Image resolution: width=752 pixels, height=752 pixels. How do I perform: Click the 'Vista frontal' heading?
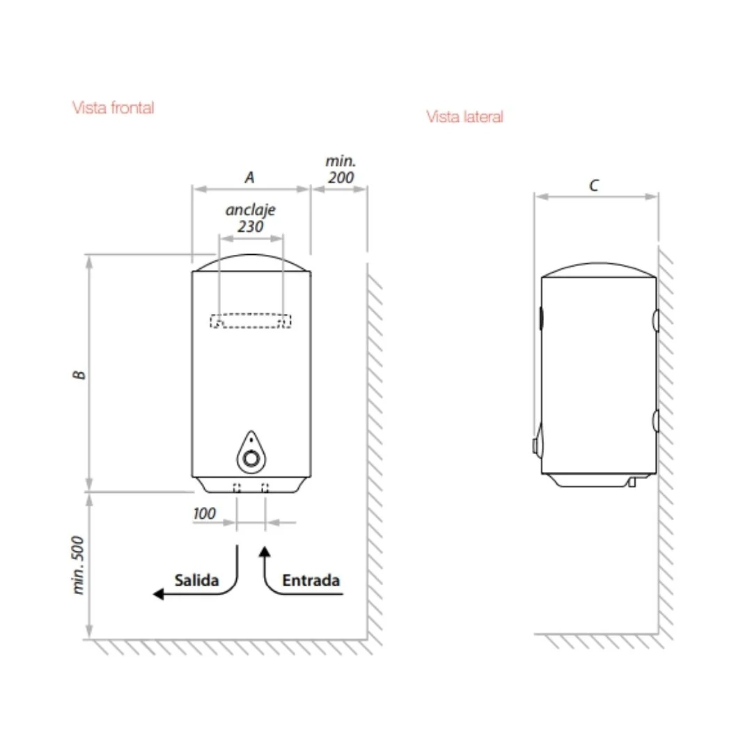[x=113, y=108]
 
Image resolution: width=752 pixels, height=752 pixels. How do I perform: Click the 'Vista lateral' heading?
[x=464, y=117]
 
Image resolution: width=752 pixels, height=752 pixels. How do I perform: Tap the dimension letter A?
[x=249, y=178]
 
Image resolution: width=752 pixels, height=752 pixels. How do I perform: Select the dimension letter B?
[x=79, y=374]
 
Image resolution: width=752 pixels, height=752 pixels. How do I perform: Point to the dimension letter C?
[x=594, y=185]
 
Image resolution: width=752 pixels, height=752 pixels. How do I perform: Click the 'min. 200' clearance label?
[x=340, y=169]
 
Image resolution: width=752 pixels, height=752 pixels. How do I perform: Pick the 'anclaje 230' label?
[x=251, y=218]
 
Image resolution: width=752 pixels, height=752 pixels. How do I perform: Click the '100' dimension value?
[x=204, y=514]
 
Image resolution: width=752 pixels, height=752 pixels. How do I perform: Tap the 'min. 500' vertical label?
[x=78, y=565]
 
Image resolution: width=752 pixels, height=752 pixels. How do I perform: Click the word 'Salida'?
[x=196, y=580]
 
